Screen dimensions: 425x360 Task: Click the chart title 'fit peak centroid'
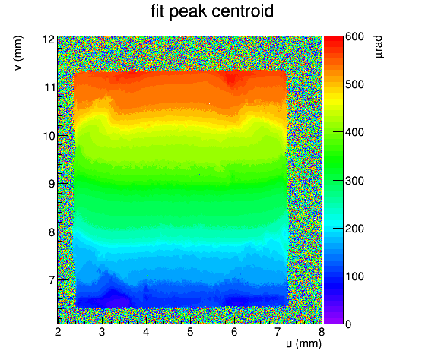tap(212, 11)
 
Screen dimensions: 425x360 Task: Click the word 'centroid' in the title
tap(243, 11)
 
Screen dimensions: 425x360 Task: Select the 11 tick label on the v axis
tap(50, 87)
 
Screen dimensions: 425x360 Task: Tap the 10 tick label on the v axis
tap(50, 136)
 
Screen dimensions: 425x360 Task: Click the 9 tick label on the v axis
tap(52, 184)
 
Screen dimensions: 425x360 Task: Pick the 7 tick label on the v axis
tap(52, 280)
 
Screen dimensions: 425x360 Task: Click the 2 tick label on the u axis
tap(58, 332)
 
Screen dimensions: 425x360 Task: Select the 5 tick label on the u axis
tap(190, 332)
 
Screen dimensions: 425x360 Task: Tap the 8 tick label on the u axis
tap(322, 332)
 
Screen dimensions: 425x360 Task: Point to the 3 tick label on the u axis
tap(102, 332)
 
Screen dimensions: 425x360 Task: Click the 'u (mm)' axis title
tap(303, 344)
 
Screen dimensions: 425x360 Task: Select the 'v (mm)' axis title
tap(18, 53)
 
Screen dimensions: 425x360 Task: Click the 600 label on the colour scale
tap(354, 36)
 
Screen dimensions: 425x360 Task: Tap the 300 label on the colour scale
tap(354, 181)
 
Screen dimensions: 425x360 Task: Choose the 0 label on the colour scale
tap(348, 324)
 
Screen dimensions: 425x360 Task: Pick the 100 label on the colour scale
tap(354, 276)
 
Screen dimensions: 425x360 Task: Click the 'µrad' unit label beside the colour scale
tap(379, 46)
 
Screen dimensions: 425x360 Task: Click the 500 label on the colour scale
tap(354, 85)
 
